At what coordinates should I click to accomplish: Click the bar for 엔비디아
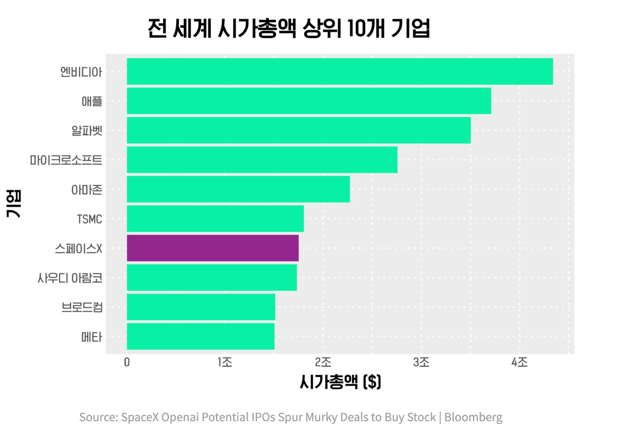click(340, 72)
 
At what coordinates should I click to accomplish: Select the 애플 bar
click(309, 101)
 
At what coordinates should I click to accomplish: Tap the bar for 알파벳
click(299, 130)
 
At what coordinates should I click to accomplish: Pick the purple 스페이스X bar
click(213, 248)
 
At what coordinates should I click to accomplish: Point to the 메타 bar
click(201, 336)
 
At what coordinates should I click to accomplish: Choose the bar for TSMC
click(215, 219)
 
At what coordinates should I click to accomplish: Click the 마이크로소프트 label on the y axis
click(66, 160)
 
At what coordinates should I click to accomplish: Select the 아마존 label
click(86, 190)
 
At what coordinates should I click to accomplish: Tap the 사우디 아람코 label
click(70, 278)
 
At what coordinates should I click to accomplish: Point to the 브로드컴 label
click(82, 307)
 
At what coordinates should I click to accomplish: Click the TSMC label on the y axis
click(89, 219)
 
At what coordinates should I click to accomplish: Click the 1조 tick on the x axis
click(225, 362)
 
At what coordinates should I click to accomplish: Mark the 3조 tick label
click(421, 362)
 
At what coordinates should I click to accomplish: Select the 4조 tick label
click(519, 362)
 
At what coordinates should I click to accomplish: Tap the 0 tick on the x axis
click(127, 362)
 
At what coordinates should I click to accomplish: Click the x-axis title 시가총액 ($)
click(340, 382)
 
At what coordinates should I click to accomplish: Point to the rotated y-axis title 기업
click(14, 204)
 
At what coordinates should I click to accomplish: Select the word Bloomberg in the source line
click(473, 417)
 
